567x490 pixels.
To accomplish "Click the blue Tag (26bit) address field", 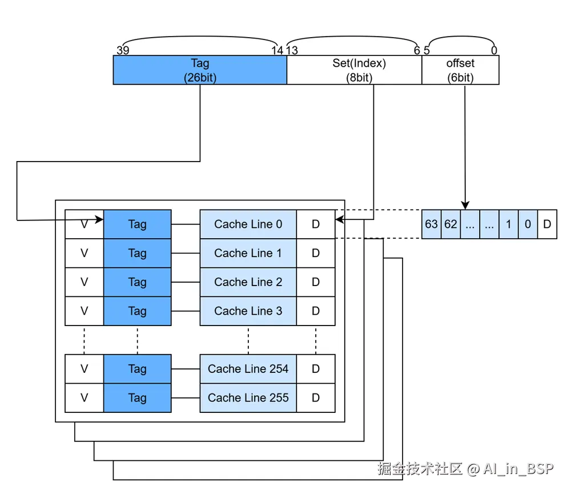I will [x=200, y=70].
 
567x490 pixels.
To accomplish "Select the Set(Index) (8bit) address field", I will [x=354, y=70].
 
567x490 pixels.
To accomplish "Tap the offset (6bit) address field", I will [x=460, y=70].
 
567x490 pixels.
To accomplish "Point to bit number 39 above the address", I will [x=122, y=50].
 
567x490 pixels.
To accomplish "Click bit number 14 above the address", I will [x=278, y=50].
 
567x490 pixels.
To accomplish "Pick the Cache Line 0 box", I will [x=248, y=224].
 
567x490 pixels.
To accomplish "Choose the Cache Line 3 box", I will [x=248, y=311].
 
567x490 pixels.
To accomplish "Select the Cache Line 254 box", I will [x=248, y=369].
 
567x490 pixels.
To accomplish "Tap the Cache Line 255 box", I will [x=248, y=398].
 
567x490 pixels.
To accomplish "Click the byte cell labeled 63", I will [x=431, y=224].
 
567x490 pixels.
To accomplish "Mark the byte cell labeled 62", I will [x=451, y=224].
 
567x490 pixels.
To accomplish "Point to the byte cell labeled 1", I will [x=508, y=224].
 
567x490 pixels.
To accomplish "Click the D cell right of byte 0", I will [x=547, y=224].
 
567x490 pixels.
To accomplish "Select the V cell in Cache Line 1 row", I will [x=84, y=253].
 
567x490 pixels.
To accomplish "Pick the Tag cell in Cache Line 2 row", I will [x=137, y=282].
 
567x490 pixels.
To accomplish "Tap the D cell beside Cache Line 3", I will [x=316, y=311].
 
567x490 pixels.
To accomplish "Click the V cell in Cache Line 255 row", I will [x=84, y=398].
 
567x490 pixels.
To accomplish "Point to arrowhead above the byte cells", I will [x=465, y=205].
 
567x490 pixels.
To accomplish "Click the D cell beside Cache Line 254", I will [x=316, y=369].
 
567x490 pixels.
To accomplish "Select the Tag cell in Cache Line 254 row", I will [x=137, y=369].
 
